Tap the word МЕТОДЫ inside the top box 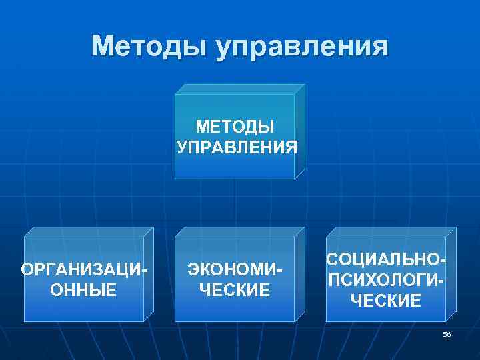pyautogui.click(x=236, y=126)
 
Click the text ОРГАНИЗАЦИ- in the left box pyautogui.click(x=84, y=270)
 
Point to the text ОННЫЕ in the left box pyautogui.click(x=83, y=290)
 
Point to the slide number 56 pyautogui.click(x=447, y=334)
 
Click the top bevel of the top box pyautogui.click(x=239, y=89)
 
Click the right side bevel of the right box pyautogui.click(x=451, y=273)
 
